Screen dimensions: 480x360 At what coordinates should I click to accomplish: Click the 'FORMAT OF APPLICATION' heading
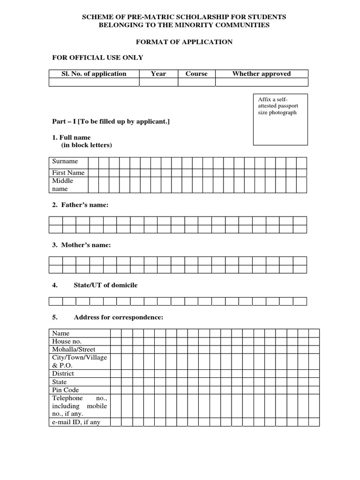184,42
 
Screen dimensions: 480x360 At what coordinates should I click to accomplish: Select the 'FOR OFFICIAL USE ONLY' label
97,58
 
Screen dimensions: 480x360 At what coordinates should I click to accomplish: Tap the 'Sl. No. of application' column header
94,74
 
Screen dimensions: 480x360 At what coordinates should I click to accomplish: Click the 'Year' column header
158,74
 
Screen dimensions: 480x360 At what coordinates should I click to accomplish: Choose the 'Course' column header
196,74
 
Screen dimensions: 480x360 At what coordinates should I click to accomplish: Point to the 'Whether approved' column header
262,74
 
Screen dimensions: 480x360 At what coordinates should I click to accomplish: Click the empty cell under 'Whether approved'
262,82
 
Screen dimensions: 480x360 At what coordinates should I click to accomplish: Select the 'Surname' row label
65,161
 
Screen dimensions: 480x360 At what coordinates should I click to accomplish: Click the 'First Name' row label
68,172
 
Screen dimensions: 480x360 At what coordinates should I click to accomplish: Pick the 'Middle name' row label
63,185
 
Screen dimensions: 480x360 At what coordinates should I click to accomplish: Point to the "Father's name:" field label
80,205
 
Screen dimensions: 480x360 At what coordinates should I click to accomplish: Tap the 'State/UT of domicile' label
105,285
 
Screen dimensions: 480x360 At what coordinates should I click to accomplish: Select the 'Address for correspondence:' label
118,317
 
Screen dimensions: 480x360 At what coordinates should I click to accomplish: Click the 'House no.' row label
67,341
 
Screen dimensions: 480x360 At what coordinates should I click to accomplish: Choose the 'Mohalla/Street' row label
74,349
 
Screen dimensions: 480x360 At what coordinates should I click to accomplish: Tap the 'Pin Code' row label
66,390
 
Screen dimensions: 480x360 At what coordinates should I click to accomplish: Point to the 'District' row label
63,374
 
